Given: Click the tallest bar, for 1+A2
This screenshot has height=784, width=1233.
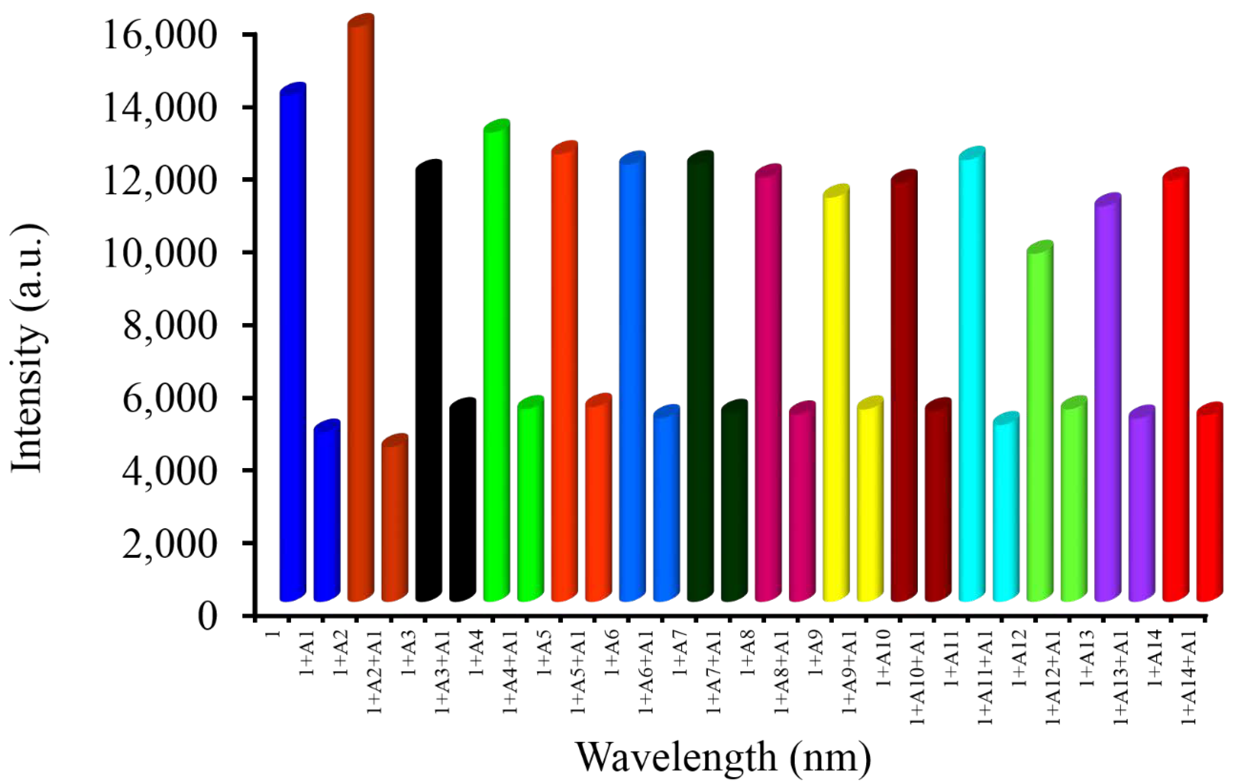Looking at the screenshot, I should pos(361,307).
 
